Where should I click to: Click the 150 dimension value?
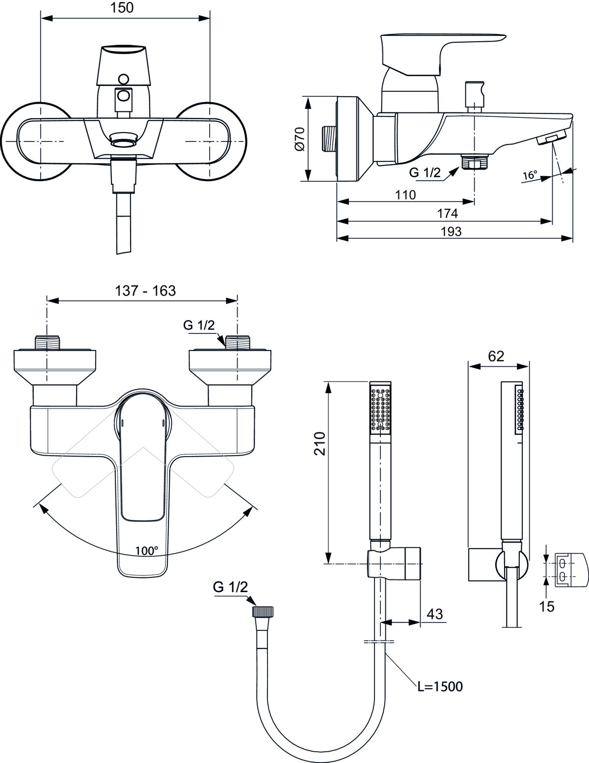point(122,8)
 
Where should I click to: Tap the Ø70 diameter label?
point(300,139)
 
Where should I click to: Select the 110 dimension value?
point(405,195)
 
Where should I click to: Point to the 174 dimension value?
point(448,213)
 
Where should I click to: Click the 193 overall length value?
point(451,232)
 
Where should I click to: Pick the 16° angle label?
point(530,175)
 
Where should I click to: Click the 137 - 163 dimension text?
point(145,291)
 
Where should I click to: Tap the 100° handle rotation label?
point(147,550)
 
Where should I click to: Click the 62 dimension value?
point(496,356)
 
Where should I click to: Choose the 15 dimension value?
point(546,606)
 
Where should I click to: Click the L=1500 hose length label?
point(440,686)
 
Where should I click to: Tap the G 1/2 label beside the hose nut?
point(230,587)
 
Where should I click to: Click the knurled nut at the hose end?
point(263,612)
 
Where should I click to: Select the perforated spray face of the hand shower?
point(380,409)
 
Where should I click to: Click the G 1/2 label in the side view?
point(425,172)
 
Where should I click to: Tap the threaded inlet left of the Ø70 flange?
point(329,139)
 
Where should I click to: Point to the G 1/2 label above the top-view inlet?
point(199,326)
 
